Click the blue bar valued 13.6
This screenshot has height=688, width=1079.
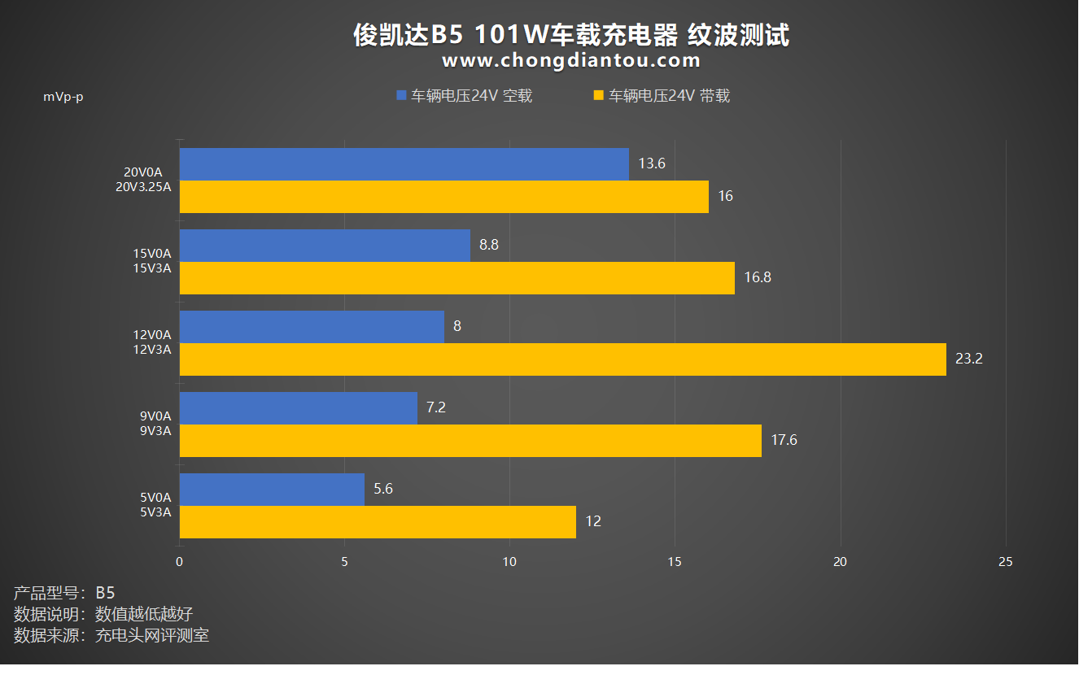coord(404,163)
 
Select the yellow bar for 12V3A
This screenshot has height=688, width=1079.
coord(562,359)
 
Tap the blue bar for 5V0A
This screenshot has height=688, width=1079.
coord(272,489)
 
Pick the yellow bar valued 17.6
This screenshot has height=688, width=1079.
coord(470,440)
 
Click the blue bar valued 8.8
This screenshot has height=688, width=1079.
coord(325,245)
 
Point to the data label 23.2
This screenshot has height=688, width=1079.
coord(968,359)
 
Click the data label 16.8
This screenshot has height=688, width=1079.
coord(757,277)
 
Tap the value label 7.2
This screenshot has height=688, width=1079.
coord(436,407)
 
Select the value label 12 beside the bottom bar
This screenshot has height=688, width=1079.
coord(593,521)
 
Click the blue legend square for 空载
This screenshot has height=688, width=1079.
coord(401,96)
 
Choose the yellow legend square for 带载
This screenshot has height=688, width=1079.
coord(598,96)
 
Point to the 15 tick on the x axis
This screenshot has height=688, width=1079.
coord(675,562)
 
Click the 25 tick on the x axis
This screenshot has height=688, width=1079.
coord(1005,562)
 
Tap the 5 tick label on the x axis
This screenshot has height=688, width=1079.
coord(344,562)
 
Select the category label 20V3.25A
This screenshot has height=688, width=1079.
coord(143,187)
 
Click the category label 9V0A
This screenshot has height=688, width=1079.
coord(155,416)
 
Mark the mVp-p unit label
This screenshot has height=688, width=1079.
coord(63,98)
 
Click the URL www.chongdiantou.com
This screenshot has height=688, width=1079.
coord(571,60)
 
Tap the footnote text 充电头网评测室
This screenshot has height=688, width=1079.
coord(152,635)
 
